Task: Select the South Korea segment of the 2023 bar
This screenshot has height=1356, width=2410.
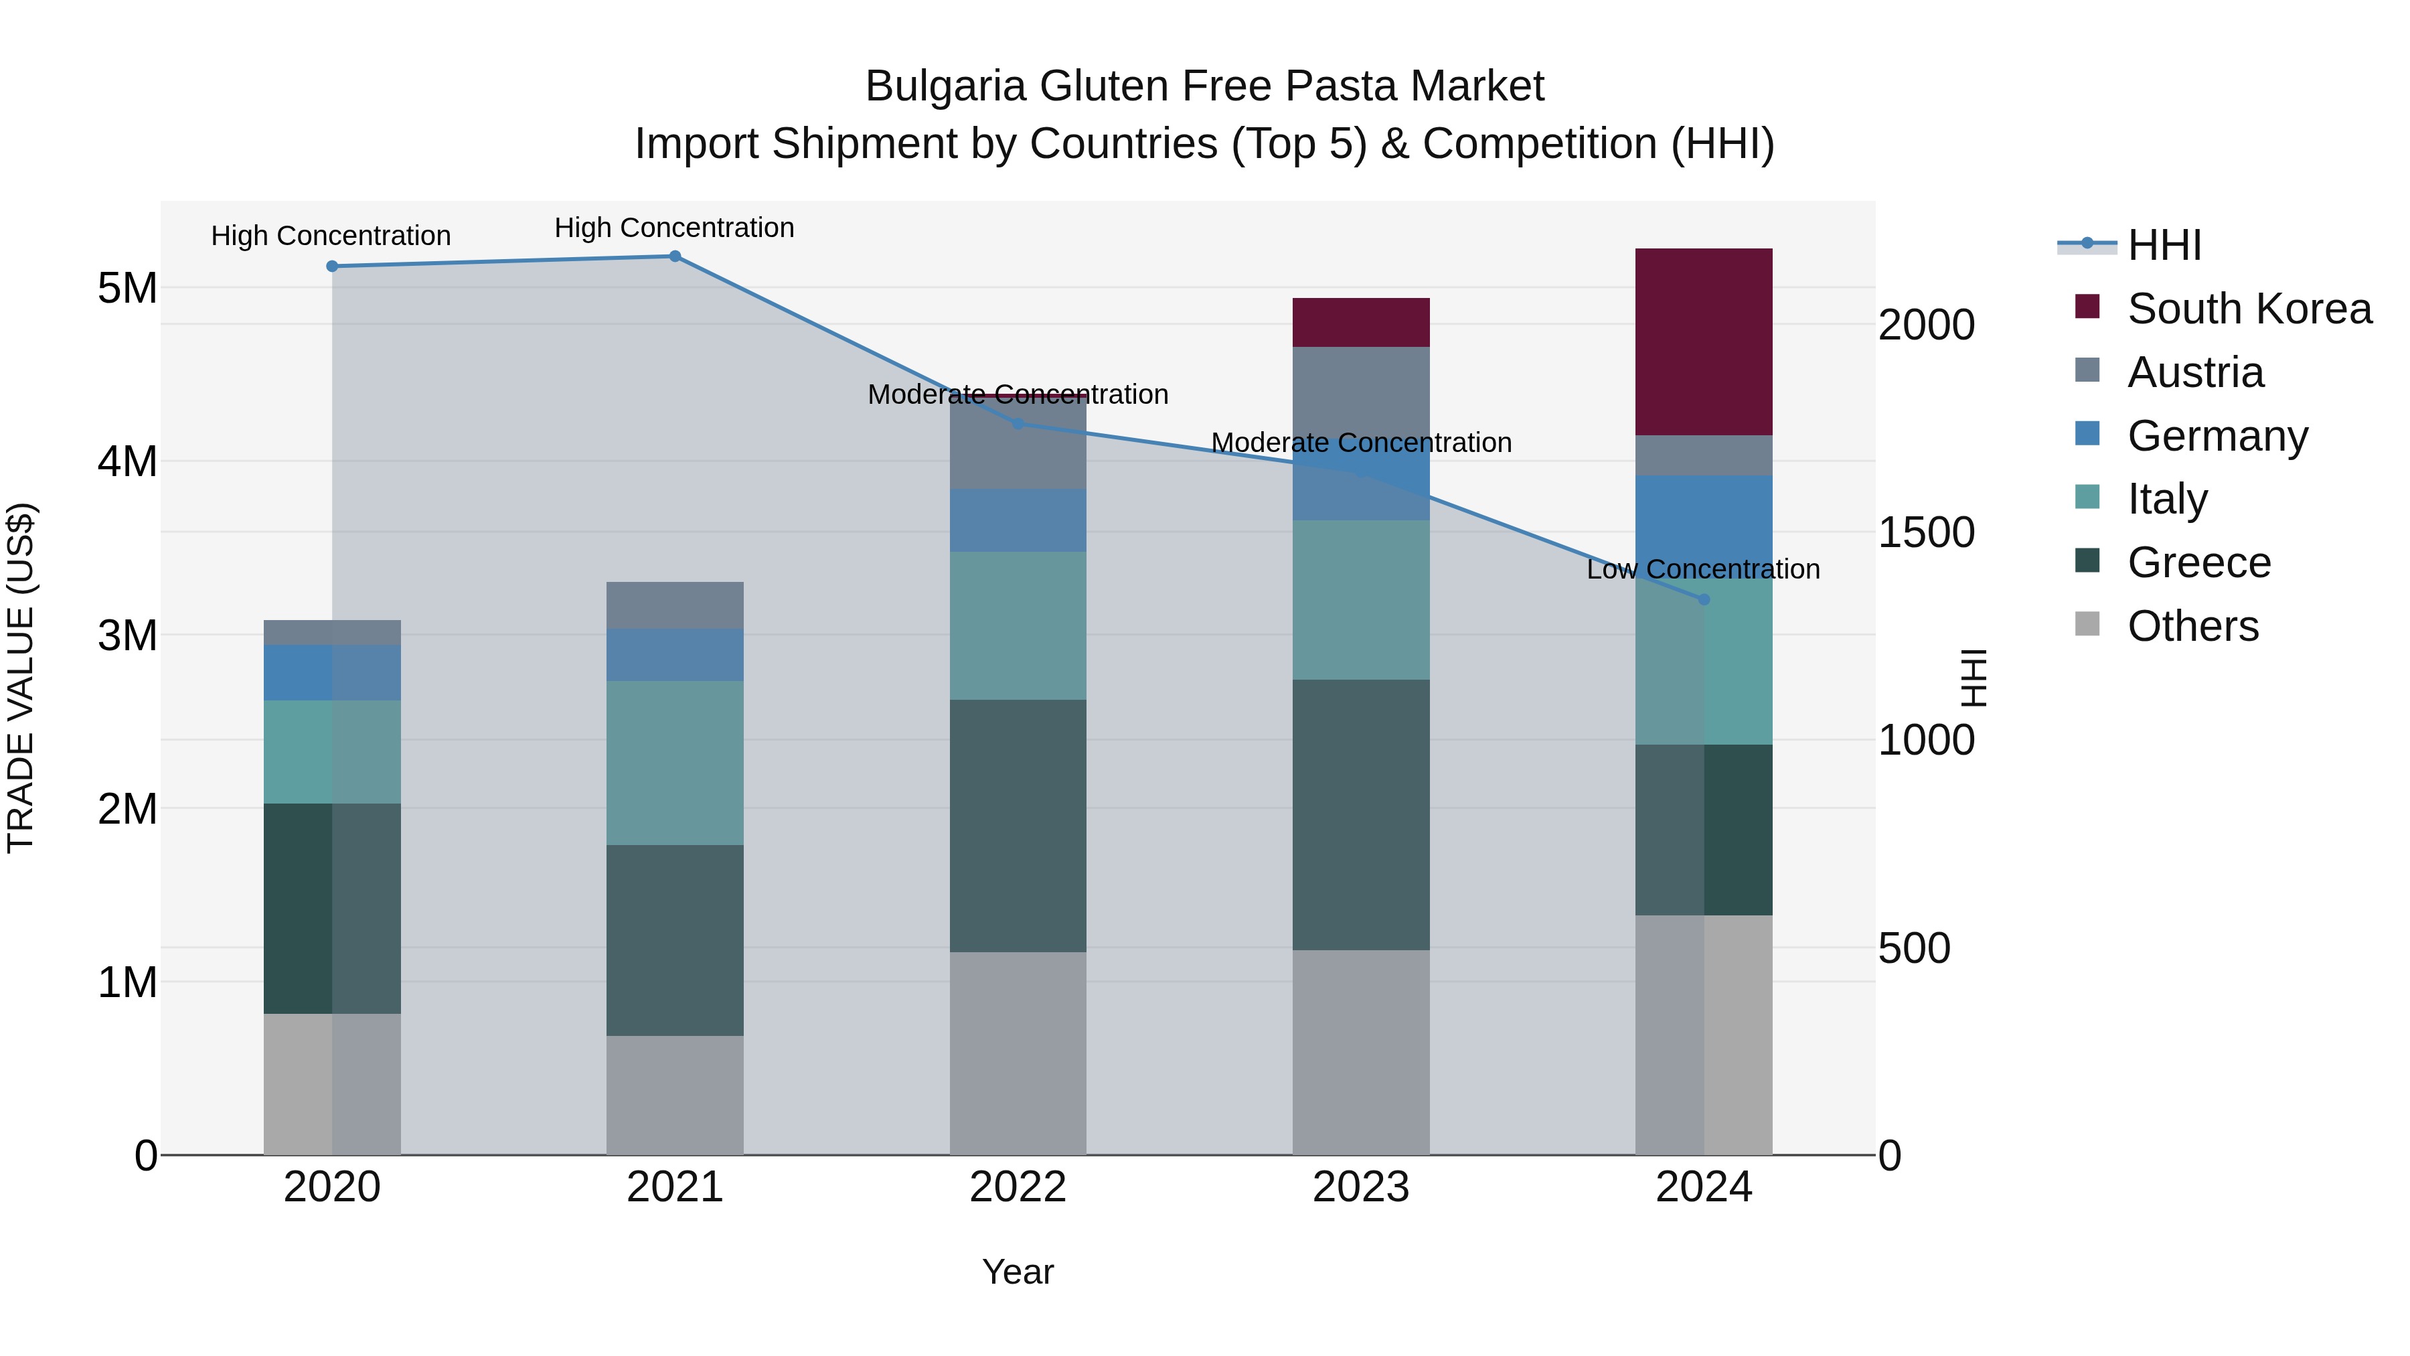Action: click(x=1360, y=322)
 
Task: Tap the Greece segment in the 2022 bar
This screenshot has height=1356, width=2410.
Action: click(x=1018, y=826)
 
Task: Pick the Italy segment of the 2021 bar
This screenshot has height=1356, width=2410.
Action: click(x=675, y=763)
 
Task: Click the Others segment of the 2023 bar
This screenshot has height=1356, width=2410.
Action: click(x=1360, y=1052)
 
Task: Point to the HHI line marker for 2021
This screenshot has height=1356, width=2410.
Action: click(x=675, y=256)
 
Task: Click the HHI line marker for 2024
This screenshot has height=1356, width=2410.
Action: click(x=1704, y=599)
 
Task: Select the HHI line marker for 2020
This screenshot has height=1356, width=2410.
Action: click(x=332, y=267)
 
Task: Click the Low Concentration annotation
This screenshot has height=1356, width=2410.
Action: click(x=1702, y=569)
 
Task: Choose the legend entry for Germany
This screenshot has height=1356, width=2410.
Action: click(x=2217, y=436)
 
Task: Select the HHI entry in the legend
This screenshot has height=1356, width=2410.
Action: click(x=2163, y=245)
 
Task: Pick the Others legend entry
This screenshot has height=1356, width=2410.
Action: click(x=2192, y=626)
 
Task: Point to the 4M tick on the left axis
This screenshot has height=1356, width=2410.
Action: click(x=127, y=461)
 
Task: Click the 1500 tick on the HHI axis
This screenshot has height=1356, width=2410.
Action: click(x=1926, y=532)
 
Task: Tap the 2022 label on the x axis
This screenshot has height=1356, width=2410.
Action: click(x=1018, y=1187)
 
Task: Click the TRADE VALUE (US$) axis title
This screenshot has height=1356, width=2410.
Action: click(x=21, y=678)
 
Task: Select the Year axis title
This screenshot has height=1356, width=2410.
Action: click(x=1018, y=1272)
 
